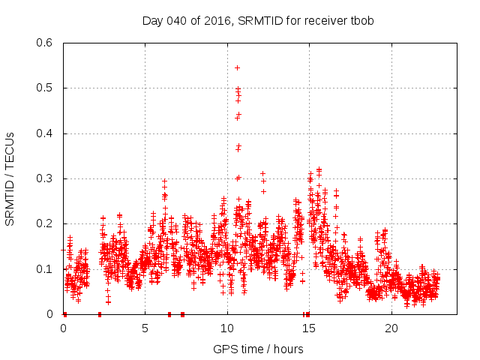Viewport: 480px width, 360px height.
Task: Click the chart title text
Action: (x=258, y=20)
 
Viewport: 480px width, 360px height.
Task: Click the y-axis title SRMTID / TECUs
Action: (x=10, y=178)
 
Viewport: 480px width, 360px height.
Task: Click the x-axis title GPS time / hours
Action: (x=258, y=349)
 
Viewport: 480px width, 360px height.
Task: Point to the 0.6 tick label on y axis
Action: (x=46, y=43)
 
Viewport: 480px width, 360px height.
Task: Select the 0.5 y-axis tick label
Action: (x=46, y=88)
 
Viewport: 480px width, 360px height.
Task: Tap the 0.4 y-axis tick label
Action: (x=46, y=133)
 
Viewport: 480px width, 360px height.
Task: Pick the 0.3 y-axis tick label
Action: (x=46, y=178)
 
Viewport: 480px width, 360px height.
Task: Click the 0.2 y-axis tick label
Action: (x=46, y=223)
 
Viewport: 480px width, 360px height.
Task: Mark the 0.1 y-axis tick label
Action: (x=46, y=269)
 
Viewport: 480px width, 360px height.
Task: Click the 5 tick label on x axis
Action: (x=145, y=328)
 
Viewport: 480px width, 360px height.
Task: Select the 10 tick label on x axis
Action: (x=227, y=328)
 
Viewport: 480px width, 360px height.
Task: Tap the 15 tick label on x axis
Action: (x=310, y=328)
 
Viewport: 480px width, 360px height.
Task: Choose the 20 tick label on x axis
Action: (x=391, y=328)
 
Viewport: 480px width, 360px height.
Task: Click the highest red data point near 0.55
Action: (x=237, y=67)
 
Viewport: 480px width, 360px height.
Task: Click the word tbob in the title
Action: (x=361, y=20)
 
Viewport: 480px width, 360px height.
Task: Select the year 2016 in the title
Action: (x=217, y=20)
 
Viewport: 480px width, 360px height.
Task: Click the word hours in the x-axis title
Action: (x=288, y=349)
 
